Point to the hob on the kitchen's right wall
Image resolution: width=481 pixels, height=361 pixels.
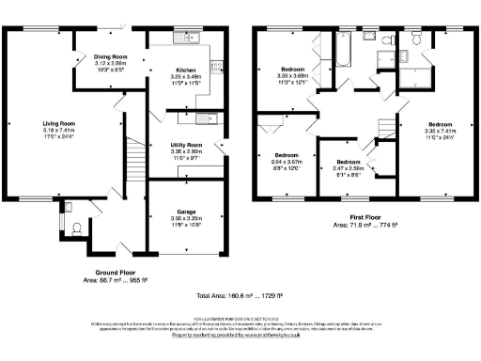click(215, 66)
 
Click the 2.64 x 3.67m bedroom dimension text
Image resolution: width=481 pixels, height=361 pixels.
click(286, 161)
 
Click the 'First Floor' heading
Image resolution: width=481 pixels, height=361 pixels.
click(366, 219)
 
